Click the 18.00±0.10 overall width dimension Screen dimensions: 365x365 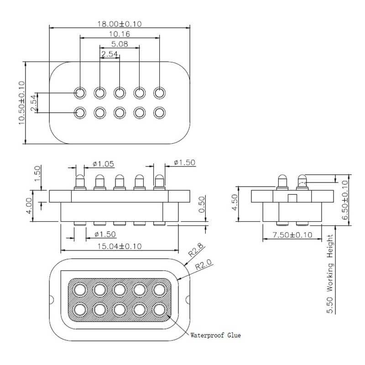pyautogui.click(x=120, y=24)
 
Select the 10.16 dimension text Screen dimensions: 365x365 pyautogui.click(x=120, y=34)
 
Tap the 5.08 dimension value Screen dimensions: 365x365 pyautogui.click(x=120, y=44)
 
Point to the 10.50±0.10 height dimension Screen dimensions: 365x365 pyautogui.click(x=21, y=103)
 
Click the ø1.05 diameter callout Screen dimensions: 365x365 pyautogui.click(x=104, y=164)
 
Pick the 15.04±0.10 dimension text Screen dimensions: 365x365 pyautogui.click(x=120, y=246)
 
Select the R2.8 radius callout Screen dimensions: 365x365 pyautogui.click(x=196, y=250)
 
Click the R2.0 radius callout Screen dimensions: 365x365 pyautogui.click(x=203, y=265)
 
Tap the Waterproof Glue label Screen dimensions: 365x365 pyautogui.click(x=215, y=335)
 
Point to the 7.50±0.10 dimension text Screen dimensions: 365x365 pyautogui.click(x=292, y=235)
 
